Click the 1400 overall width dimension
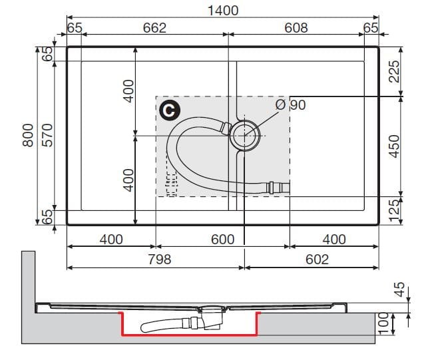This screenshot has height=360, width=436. [223, 11]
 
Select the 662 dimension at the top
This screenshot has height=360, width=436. [154, 28]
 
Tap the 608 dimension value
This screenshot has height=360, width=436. [296, 28]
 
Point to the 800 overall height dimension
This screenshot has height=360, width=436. [28, 135]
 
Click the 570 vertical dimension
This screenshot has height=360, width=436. [47, 135]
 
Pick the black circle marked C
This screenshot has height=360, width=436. [170, 110]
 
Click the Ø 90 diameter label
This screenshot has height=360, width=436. [291, 104]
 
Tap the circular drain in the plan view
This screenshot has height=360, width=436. [245, 136]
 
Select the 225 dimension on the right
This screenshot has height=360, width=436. [394, 71]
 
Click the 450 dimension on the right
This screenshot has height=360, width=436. [394, 146]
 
